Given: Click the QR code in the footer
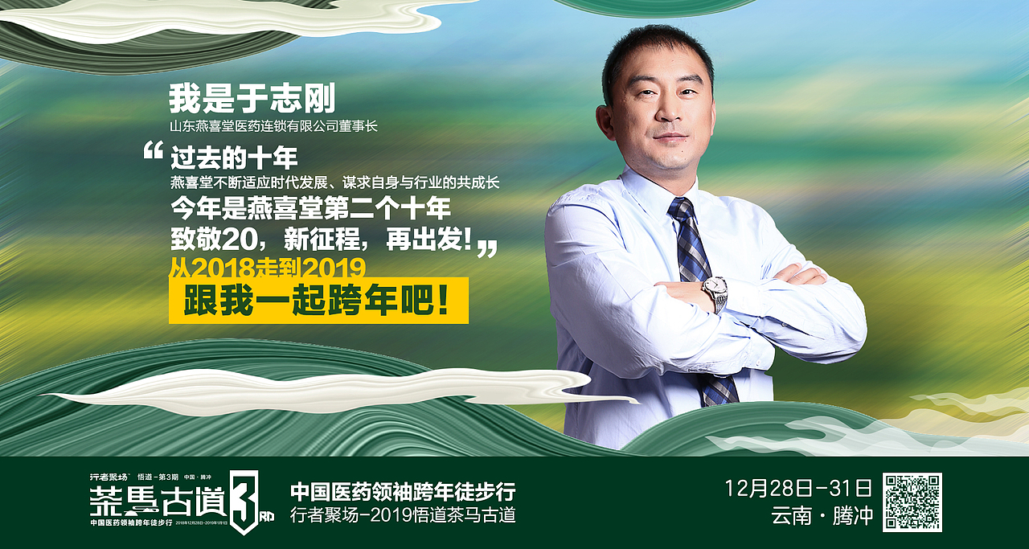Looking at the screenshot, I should (x=912, y=502).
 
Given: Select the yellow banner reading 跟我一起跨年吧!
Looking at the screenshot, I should (x=318, y=301).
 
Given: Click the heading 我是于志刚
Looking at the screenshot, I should (x=252, y=100).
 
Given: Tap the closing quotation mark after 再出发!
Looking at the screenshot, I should (x=487, y=248).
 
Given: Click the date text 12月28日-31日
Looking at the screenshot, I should (x=797, y=488).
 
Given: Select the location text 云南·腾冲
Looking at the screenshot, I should (x=821, y=516).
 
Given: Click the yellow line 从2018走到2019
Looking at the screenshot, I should (x=268, y=266).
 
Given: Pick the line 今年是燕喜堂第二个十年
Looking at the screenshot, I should (x=310, y=209).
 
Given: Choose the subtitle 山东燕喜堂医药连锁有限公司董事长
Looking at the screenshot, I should (x=273, y=126).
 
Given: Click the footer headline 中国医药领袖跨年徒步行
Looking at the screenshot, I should (x=403, y=491).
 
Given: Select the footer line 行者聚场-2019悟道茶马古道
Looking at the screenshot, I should (x=403, y=515).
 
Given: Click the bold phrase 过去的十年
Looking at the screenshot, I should (x=234, y=157).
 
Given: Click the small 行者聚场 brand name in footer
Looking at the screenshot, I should (x=109, y=477).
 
